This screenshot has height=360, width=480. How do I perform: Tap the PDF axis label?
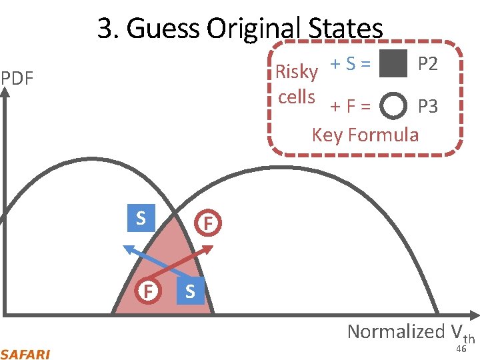tap(17, 78)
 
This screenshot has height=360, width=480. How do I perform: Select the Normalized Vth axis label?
tap(411, 331)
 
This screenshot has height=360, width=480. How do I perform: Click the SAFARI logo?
tap(25, 354)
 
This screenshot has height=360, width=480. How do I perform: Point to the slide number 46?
tap(461, 349)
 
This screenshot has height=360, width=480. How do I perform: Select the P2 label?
tap(427, 64)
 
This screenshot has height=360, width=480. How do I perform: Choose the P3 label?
tap(427, 106)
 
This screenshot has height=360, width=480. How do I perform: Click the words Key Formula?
tap(365, 135)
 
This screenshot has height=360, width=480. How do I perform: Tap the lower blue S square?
tap(190, 291)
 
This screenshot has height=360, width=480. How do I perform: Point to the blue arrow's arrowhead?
tap(126, 248)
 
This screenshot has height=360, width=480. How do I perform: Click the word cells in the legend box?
tap(297, 97)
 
